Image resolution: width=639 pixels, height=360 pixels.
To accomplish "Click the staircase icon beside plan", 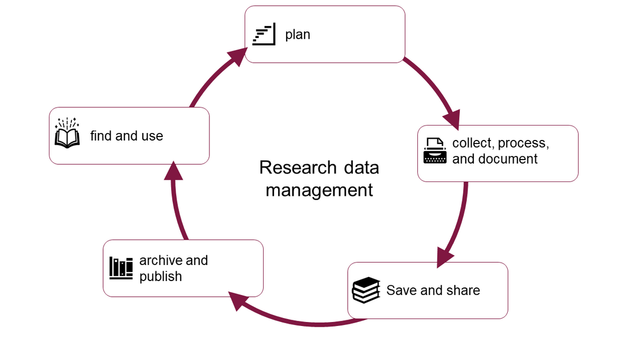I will tap(264, 35).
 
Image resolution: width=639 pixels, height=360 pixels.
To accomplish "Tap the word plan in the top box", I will tap(298, 35).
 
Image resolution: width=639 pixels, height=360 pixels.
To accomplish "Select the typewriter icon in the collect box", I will tap(435, 151).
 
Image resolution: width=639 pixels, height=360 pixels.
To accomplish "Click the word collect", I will tap(473, 143).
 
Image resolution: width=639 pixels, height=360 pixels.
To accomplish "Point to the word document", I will tap(508, 159).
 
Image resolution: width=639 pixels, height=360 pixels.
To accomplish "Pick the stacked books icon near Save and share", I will tap(366, 290).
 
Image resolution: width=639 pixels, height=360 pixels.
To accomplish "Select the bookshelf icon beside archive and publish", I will tap(121, 268).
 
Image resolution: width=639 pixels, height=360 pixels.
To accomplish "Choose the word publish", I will tap(161, 276).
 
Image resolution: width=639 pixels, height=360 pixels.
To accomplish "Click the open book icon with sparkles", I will tap(67, 134).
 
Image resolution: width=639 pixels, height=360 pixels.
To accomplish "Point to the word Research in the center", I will tap(298, 168).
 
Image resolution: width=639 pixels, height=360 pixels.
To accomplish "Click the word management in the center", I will tap(319, 190).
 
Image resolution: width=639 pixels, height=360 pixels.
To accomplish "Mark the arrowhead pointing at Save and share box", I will tap(445, 257).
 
